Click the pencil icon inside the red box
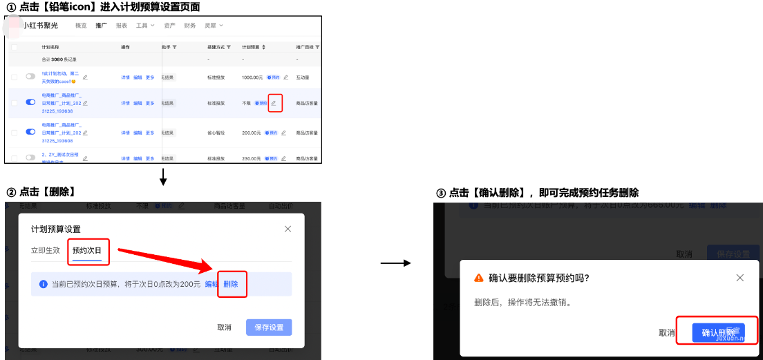pyautogui.click(x=274, y=103)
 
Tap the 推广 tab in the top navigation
pyautogui.click(x=102, y=26)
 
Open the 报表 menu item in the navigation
pyautogui.click(x=122, y=26)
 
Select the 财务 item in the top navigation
pyautogui.click(x=190, y=26)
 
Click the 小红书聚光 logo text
pyautogui.click(x=41, y=26)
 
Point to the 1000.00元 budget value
pyautogui.click(x=252, y=77)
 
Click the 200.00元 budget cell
pyautogui.click(x=252, y=132)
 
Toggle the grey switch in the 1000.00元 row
pyautogui.click(x=30, y=77)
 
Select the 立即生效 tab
pyautogui.click(x=46, y=250)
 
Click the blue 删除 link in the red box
pyautogui.click(x=231, y=284)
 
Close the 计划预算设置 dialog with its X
pyautogui.click(x=288, y=229)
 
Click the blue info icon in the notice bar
pyautogui.click(x=43, y=284)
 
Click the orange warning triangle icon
pyautogui.click(x=478, y=278)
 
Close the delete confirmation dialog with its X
pyautogui.click(x=740, y=278)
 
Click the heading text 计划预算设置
pyautogui.click(x=56, y=229)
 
